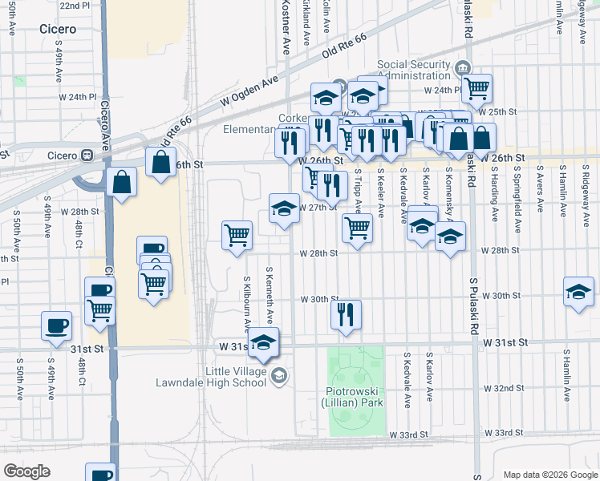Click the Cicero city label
tap(58, 29)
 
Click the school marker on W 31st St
tap(263, 341)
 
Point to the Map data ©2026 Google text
tap(549, 474)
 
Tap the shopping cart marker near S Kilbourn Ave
tap(237, 235)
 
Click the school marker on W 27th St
tap(283, 208)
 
